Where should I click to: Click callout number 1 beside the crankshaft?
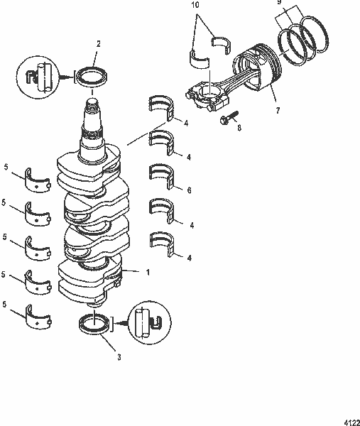pos(147,272)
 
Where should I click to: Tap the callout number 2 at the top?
pos(98,43)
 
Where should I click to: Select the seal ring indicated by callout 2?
pos(90,75)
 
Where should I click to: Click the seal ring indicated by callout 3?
pos(94,324)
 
